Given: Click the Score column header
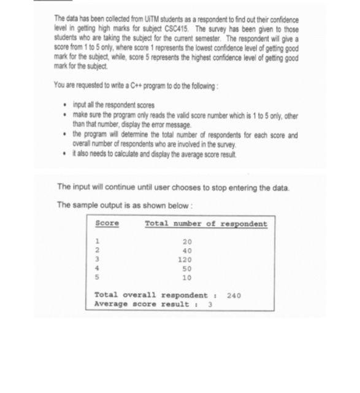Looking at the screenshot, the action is coord(107,224).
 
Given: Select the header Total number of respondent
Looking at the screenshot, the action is coord(206,224).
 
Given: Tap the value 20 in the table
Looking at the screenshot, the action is coord(187,242).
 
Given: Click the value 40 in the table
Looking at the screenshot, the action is coord(187,251).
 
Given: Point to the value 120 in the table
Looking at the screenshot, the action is coord(185,260).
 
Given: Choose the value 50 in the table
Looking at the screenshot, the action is coord(187,268).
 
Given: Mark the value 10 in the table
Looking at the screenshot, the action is coord(187,277).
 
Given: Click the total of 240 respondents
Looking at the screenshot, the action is coord(234,295).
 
